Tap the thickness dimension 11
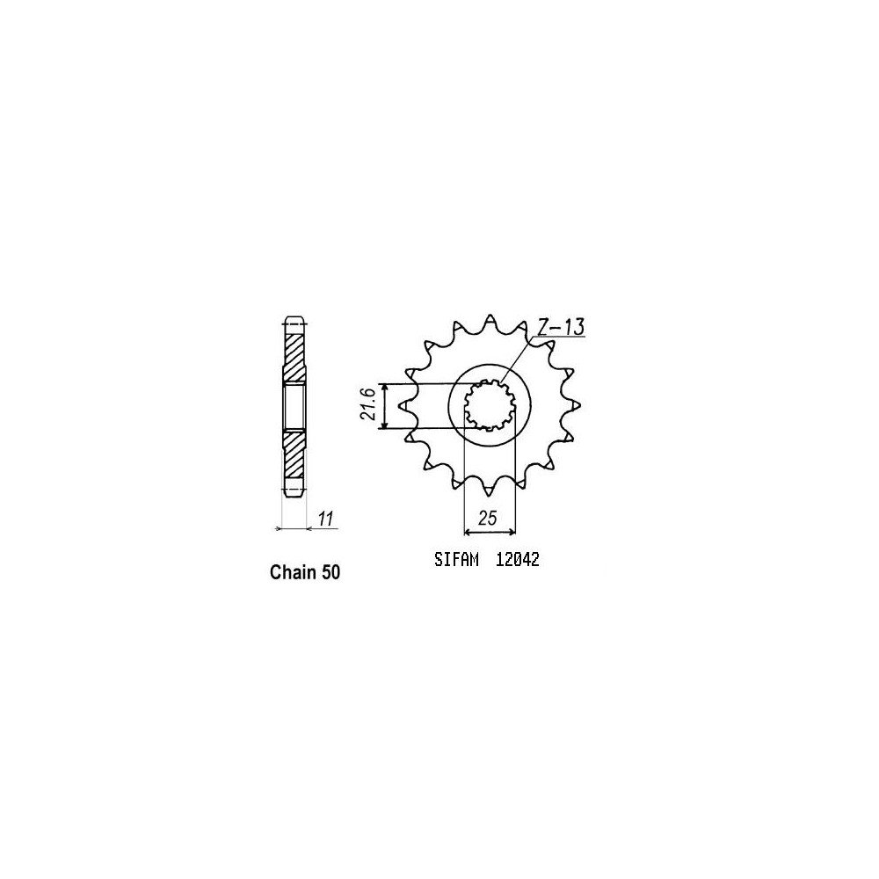[x=326, y=519]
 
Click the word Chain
[x=291, y=572]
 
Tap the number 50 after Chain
[x=330, y=572]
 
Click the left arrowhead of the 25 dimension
[x=467, y=530]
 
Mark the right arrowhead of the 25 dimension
[x=512, y=530]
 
